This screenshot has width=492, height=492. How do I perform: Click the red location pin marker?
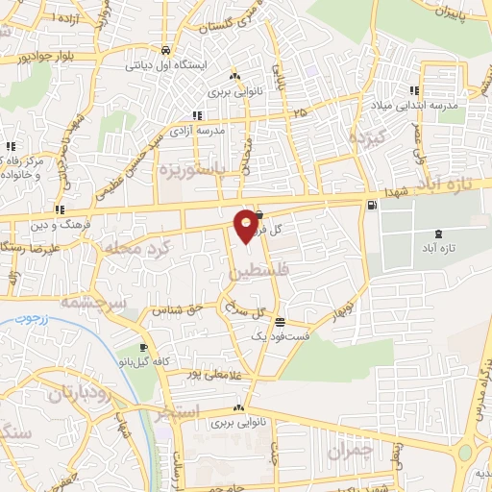click(246, 225)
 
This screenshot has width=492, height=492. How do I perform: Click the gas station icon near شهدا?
click(371, 205)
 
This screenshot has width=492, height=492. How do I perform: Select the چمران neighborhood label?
click(348, 449)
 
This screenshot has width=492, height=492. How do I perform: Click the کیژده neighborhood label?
click(367, 137)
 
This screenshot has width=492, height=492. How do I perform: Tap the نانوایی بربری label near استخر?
click(237, 422)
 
